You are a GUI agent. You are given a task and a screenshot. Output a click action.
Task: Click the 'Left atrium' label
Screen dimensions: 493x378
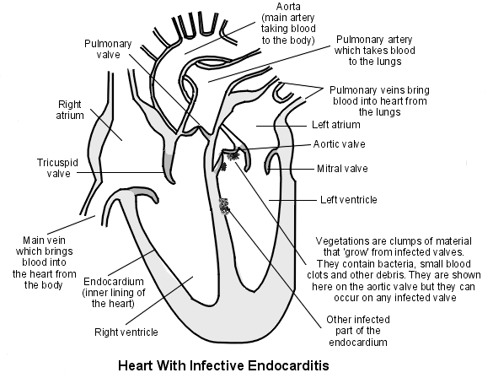coord(335,125)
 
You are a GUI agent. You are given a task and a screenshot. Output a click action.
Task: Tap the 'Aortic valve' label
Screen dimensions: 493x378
coord(340,144)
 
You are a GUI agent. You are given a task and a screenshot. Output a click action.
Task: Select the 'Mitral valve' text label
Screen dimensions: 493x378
coord(342,169)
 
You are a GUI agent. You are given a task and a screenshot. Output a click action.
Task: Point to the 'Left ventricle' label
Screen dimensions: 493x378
coord(348,200)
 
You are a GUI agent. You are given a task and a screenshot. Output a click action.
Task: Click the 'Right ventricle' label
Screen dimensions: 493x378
coord(126,332)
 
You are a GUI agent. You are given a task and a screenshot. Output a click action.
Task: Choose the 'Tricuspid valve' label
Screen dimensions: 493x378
coord(58,168)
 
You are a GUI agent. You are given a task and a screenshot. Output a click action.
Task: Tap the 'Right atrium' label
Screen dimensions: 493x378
coord(70,110)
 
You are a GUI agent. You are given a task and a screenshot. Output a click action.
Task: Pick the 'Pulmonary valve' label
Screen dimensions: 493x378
coord(108,49)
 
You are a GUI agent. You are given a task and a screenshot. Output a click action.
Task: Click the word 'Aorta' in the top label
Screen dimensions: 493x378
coord(288,7)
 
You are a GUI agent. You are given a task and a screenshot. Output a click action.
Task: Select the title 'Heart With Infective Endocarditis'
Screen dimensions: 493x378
coord(223,365)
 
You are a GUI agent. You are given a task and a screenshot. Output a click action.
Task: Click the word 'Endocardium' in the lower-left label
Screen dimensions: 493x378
coord(114,281)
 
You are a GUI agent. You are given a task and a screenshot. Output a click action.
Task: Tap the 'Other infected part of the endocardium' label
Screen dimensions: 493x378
coord(358,331)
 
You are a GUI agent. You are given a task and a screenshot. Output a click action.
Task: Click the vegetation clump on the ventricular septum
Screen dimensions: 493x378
coord(224,207)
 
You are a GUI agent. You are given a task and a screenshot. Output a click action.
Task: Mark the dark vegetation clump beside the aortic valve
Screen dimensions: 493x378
coord(233,156)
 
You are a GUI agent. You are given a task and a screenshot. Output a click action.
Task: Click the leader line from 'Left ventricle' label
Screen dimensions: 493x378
coord(292,200)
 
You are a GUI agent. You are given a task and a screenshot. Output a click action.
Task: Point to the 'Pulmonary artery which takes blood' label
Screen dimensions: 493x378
coord(374,51)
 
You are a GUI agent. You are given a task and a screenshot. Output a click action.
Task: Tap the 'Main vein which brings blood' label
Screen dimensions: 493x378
coord(45,262)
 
